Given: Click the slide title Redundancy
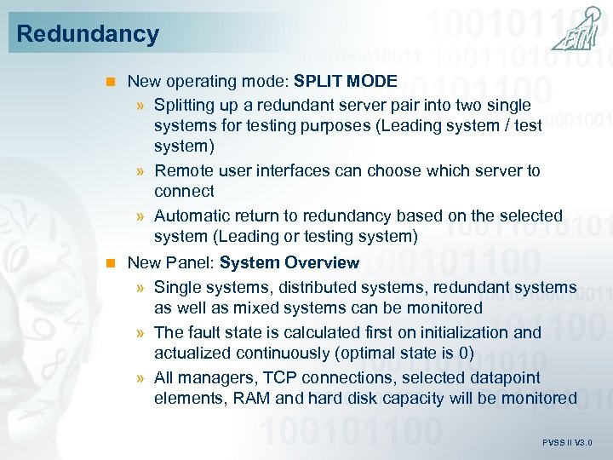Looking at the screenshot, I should (x=88, y=34).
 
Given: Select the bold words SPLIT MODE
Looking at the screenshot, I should (x=346, y=81).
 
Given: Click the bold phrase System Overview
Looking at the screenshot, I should (x=289, y=262).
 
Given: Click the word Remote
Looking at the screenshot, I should (x=182, y=170).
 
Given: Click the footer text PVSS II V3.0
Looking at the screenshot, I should (x=567, y=443).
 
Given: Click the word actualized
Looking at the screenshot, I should (x=192, y=353).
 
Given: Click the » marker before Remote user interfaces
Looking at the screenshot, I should (x=140, y=171).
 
